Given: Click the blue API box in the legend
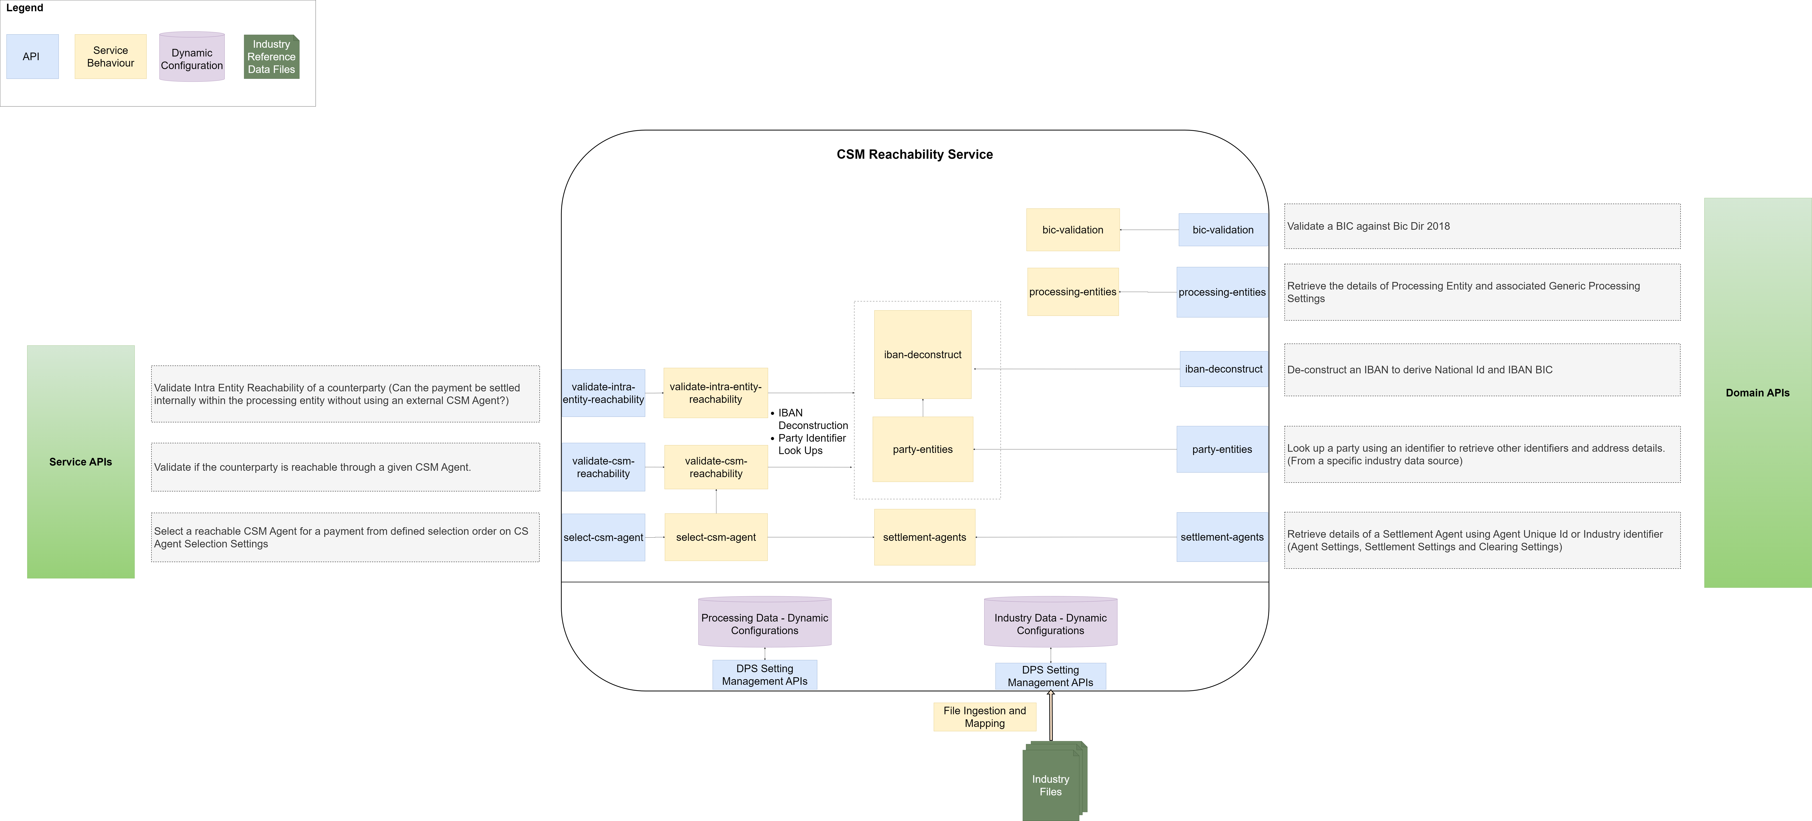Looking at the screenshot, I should tap(32, 56).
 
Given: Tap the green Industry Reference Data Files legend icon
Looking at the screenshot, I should tap(271, 56).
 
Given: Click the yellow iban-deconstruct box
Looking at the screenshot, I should tap(922, 355).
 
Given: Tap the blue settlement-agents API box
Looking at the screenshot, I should tap(1222, 537).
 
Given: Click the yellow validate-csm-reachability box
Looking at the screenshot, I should tap(716, 467).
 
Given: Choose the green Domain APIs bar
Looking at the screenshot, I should tap(1757, 393).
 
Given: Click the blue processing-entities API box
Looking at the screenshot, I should tap(1222, 292).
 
